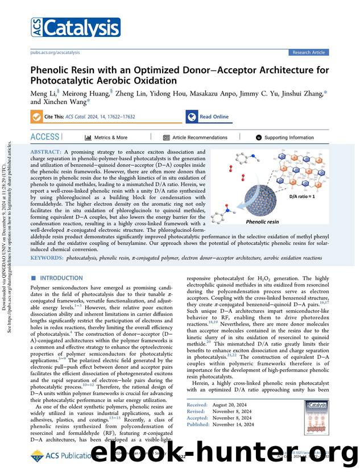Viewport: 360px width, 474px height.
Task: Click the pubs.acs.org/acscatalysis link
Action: (55, 52)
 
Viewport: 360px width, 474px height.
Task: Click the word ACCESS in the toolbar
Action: (44, 137)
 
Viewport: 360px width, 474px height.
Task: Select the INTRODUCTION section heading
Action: (61, 278)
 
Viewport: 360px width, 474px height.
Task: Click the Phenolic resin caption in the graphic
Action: (262, 222)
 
